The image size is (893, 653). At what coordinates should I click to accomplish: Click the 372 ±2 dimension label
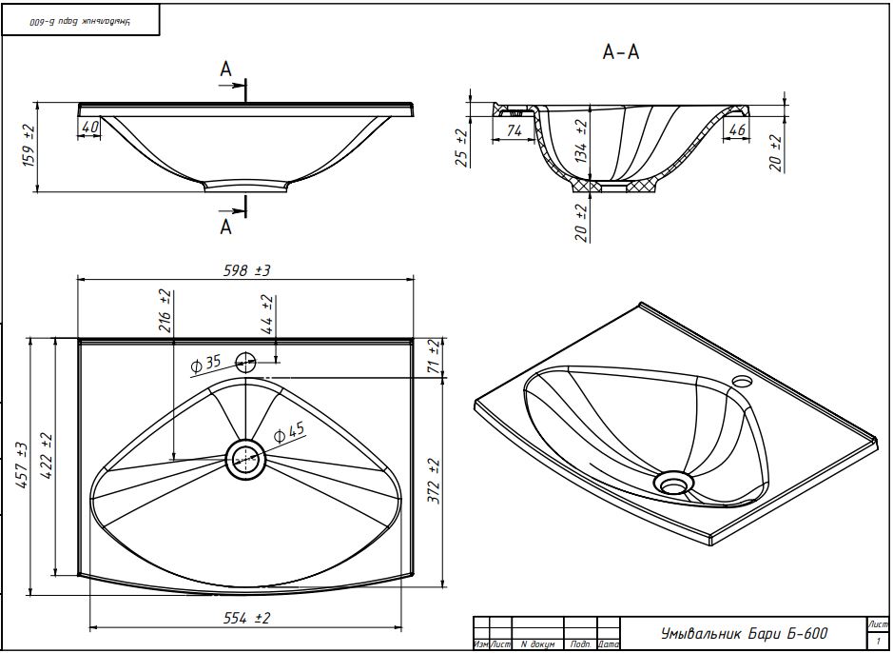click(435, 481)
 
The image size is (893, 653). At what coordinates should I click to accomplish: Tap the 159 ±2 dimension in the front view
click(28, 146)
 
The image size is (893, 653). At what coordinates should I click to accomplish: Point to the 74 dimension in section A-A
click(514, 130)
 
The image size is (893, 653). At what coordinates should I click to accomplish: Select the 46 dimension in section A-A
click(736, 129)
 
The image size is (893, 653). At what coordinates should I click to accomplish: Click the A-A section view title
click(621, 53)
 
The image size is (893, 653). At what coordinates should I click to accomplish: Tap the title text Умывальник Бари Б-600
click(744, 633)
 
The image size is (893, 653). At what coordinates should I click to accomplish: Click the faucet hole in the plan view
click(246, 361)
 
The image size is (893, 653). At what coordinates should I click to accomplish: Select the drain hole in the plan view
click(246, 459)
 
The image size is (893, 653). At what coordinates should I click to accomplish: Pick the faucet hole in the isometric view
click(742, 382)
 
